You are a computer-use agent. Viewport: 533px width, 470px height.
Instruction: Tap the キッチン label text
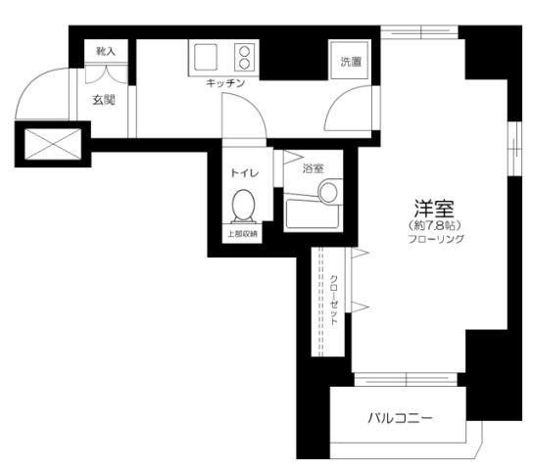click(225, 83)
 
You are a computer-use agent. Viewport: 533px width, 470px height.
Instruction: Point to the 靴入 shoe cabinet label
click(105, 50)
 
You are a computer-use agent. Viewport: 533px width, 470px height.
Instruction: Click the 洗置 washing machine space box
click(351, 62)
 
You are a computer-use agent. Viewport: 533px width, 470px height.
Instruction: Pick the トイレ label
click(244, 172)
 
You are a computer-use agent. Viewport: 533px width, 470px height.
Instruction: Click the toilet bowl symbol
click(244, 207)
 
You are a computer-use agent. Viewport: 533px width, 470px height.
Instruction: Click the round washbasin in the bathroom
click(328, 191)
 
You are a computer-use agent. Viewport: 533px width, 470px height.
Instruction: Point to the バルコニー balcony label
click(400, 419)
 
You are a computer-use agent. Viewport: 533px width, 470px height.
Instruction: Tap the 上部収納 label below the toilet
click(243, 234)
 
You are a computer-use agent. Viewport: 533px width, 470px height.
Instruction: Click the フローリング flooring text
click(433, 238)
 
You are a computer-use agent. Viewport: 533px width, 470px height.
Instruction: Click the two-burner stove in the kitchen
click(242, 57)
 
